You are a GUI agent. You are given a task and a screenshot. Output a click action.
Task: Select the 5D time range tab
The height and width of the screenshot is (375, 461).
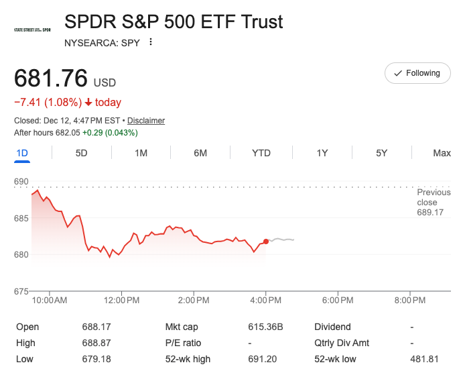81,153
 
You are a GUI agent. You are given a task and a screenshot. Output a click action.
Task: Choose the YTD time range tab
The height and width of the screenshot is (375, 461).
261,153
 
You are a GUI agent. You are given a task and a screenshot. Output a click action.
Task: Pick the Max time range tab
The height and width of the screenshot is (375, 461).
442,153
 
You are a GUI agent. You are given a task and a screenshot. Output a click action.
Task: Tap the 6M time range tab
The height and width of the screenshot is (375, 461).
200,153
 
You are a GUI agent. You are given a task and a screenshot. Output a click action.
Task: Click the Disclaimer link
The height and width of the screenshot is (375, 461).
146,121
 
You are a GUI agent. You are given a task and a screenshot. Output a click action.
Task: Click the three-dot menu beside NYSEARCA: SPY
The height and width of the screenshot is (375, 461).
151,42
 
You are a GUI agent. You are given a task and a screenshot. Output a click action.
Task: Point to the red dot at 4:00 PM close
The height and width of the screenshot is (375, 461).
266,241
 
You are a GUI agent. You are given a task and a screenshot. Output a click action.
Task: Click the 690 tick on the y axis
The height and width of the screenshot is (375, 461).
21,182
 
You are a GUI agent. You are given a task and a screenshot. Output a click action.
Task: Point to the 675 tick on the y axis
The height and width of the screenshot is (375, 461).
21,291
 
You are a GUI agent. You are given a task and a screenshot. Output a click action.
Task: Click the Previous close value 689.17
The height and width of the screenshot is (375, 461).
430,213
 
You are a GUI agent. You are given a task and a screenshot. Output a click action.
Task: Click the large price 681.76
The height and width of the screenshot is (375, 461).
51,78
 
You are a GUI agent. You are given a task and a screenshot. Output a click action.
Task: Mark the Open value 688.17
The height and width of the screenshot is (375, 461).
96,327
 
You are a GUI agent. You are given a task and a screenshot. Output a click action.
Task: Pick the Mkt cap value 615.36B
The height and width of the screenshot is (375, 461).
266,327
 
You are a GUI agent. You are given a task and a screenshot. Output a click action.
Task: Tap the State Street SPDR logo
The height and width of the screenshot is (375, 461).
32,30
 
